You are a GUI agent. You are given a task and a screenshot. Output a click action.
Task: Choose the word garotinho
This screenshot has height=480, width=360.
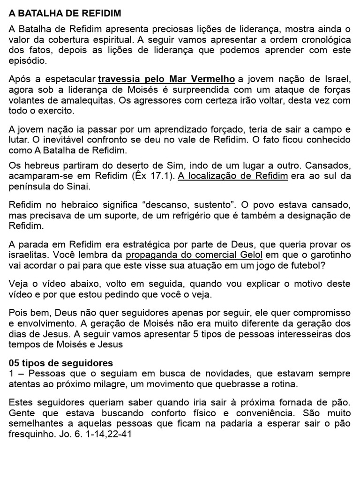(328, 255)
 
